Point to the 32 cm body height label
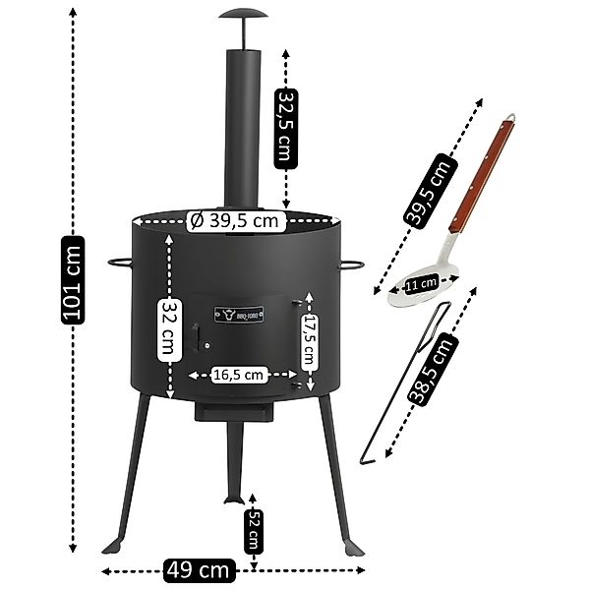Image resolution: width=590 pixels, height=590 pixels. (x=170, y=329)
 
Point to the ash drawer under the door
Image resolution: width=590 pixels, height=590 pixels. (x=235, y=412)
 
